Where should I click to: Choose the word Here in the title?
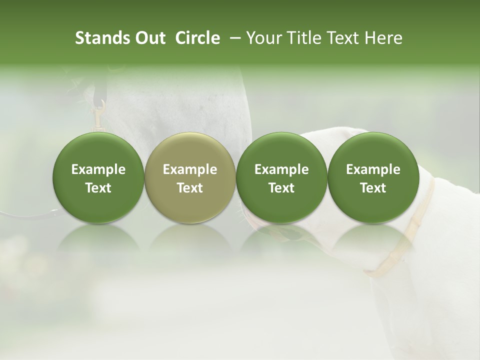tap(383, 38)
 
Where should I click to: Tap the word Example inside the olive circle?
tap(190, 169)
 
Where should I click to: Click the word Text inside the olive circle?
tap(190, 188)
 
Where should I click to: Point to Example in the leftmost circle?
tap(98, 169)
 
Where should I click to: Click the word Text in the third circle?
tap(281, 188)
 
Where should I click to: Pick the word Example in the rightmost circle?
tap(373, 169)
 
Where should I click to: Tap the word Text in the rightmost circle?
tap(373, 188)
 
